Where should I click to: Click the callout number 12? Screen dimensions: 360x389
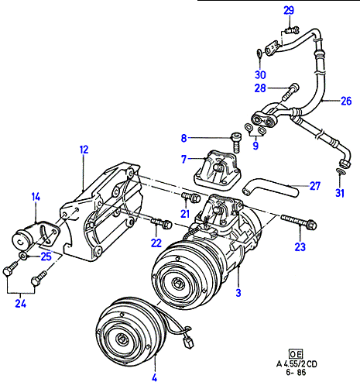(x=84, y=150)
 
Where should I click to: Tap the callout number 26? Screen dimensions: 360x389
(x=346, y=101)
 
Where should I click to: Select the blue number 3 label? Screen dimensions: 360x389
(x=238, y=293)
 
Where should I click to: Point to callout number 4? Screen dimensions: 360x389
(x=154, y=378)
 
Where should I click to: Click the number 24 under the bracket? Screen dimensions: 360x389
(x=20, y=304)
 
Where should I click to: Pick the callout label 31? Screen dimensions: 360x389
(x=340, y=193)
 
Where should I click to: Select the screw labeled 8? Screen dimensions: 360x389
(x=237, y=143)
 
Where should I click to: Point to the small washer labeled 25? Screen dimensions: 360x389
(x=23, y=256)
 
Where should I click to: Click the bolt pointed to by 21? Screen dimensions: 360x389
(x=191, y=197)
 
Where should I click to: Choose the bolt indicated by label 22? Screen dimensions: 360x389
(x=162, y=222)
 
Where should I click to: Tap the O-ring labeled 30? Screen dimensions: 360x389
(x=259, y=53)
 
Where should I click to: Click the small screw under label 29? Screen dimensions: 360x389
(x=292, y=31)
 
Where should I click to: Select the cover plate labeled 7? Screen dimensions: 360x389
(x=218, y=170)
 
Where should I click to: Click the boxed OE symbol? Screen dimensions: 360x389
(x=295, y=354)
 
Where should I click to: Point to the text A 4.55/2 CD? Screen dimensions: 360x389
(x=297, y=364)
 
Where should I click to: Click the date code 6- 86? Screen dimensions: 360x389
(x=296, y=372)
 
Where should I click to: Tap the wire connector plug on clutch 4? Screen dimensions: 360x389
(x=188, y=343)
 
